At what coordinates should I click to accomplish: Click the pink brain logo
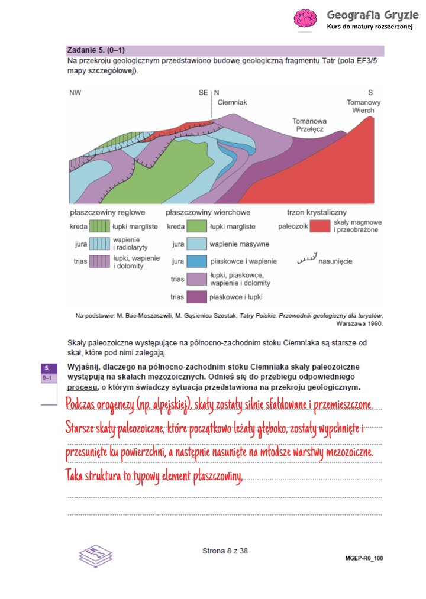point(306,20)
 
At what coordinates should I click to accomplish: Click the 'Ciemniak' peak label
point(232,102)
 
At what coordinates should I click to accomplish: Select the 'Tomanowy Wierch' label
point(363,106)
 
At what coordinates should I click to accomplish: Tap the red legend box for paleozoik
point(320,226)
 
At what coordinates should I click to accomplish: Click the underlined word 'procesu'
point(82,388)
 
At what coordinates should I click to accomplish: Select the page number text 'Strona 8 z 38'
point(225,551)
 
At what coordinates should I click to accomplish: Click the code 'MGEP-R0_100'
point(363,558)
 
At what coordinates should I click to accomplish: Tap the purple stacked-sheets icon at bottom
point(95,556)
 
